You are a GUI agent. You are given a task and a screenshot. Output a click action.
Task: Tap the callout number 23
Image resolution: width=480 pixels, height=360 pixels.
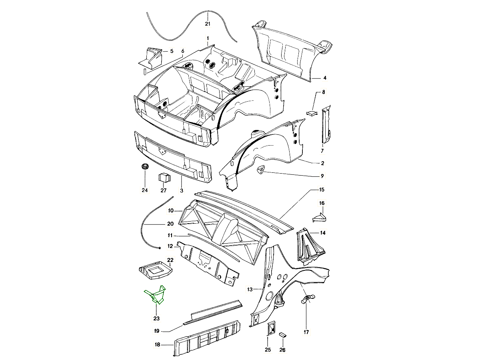(x=156, y=318)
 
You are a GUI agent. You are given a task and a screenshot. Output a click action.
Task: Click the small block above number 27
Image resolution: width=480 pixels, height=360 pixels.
(x=164, y=176)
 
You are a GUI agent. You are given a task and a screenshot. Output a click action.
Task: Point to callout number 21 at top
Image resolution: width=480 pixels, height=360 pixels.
(x=208, y=24)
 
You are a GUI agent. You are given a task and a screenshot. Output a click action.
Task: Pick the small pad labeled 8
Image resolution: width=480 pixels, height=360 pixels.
(x=312, y=112)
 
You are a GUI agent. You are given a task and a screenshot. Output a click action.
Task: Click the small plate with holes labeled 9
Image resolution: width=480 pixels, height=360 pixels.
(x=261, y=170)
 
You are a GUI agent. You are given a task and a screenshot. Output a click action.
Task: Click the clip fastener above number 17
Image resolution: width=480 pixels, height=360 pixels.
(x=307, y=299)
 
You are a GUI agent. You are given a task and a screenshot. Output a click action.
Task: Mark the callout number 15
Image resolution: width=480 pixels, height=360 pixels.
(x=321, y=190)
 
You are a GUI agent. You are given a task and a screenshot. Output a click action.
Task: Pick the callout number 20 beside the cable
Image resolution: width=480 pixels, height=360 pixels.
(x=170, y=224)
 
